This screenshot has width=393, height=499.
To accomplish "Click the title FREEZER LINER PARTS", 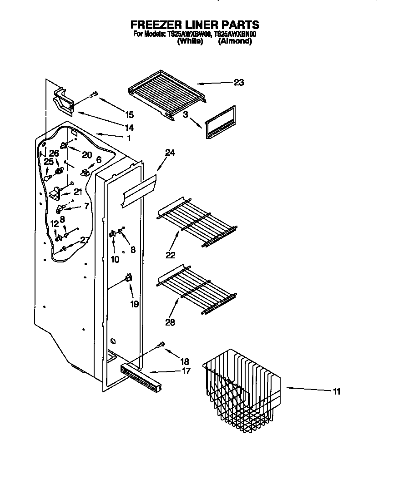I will [195, 25].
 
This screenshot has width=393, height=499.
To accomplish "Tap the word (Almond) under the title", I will [235, 41].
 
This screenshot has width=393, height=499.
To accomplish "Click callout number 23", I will [239, 82].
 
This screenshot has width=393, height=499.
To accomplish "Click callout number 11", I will [336, 391].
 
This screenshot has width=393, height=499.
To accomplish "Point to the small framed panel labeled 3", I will [220, 122].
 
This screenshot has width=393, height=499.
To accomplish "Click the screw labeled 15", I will [93, 94].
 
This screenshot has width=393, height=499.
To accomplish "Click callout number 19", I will [134, 304].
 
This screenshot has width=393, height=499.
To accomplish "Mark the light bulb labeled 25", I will [47, 178].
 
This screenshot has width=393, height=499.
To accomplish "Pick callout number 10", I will [115, 259].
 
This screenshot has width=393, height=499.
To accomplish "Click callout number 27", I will [84, 241].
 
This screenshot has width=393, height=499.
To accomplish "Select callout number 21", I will [78, 192].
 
